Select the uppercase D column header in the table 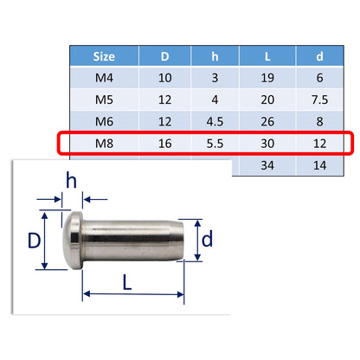pyautogui.click(x=164, y=58)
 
